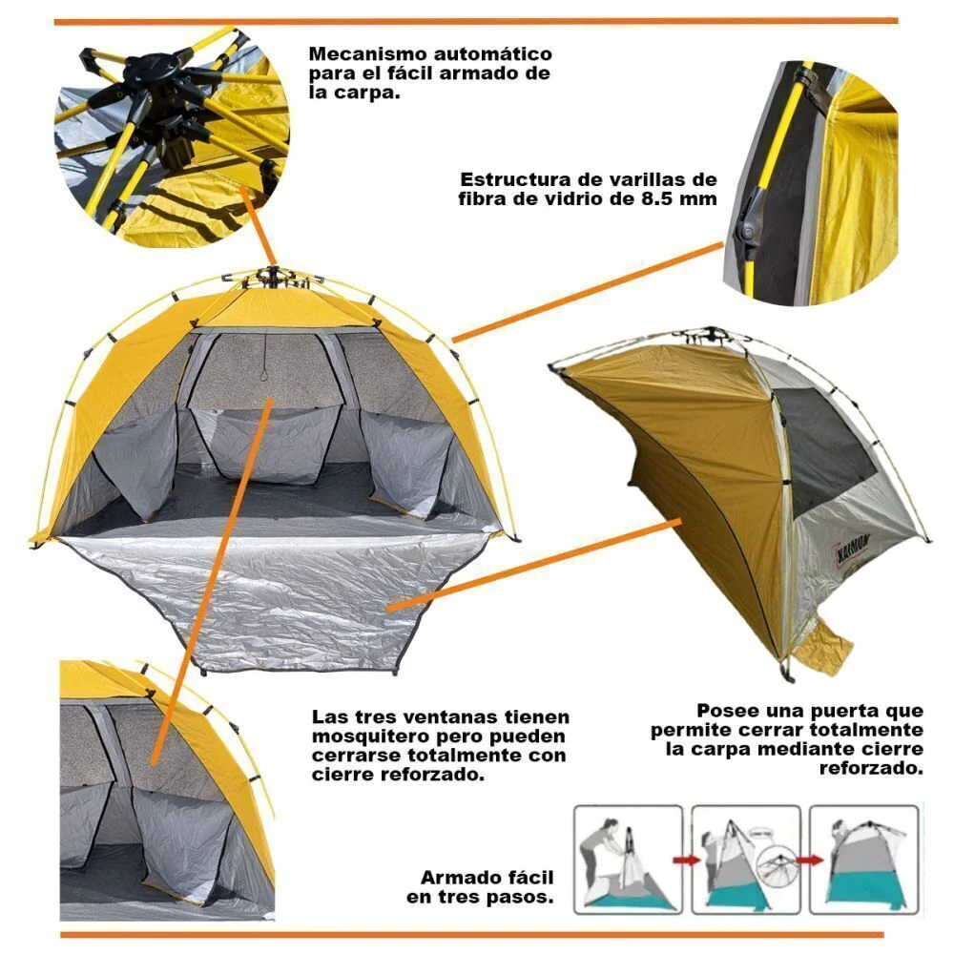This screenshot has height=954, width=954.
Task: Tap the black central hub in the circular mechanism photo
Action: tap(152, 68)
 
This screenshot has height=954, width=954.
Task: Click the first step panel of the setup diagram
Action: tap(628, 860)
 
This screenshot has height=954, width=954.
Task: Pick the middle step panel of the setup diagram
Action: tap(745, 860)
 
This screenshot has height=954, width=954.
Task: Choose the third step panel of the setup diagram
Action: tap(863, 860)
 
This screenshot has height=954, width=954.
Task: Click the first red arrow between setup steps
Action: tap(686, 861)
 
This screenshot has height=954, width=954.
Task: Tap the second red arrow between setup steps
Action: tap(810, 861)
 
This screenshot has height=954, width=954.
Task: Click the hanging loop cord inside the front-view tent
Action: tap(264, 371)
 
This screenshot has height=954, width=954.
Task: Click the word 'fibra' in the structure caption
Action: tap(483, 199)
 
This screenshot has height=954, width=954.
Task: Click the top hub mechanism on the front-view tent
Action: tap(273, 279)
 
